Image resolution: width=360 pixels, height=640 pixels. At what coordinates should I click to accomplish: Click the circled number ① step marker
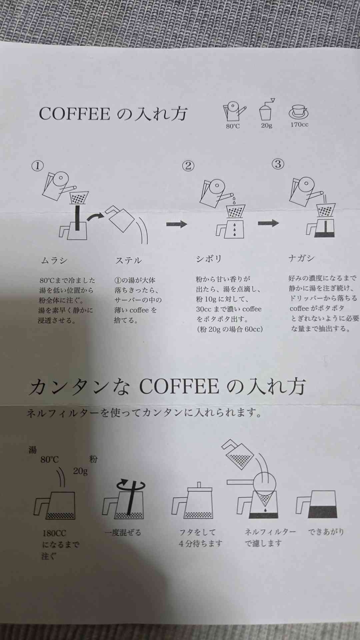click(37, 166)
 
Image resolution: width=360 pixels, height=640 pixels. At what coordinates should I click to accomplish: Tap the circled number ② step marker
click(188, 166)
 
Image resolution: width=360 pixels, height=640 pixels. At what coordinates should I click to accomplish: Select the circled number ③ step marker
click(278, 164)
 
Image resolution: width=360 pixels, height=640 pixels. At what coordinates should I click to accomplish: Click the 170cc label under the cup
click(299, 125)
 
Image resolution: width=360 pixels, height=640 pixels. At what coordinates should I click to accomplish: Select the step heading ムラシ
click(54, 260)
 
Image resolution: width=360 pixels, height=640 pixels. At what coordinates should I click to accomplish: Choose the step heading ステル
click(128, 260)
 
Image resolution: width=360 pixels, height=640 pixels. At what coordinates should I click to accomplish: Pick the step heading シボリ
click(209, 259)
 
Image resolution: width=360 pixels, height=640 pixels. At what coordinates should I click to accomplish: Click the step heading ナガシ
click(301, 258)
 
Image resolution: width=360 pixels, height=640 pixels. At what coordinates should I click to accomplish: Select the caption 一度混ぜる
click(123, 532)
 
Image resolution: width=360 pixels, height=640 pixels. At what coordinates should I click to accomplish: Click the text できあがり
click(326, 531)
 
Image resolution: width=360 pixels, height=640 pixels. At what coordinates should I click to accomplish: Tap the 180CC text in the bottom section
click(54, 533)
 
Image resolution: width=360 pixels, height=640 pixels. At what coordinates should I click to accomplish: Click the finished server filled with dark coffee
click(317, 504)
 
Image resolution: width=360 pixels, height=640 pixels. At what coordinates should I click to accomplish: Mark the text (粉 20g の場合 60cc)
click(230, 329)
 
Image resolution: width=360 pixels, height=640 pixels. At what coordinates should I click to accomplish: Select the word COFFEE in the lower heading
click(179, 387)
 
